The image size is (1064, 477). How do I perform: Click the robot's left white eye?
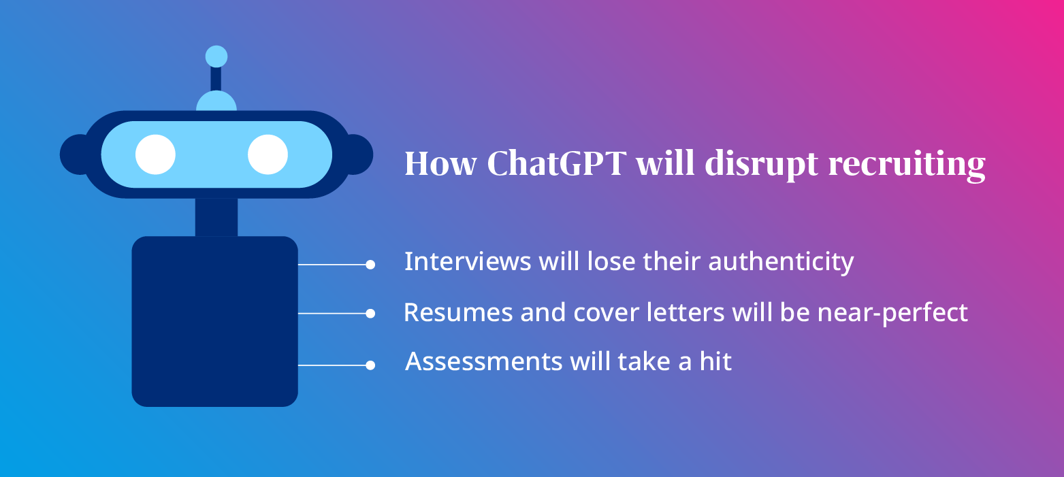click(x=155, y=154)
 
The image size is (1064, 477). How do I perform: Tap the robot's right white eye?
click(x=268, y=154)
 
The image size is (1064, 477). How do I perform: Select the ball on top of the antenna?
click(x=216, y=57)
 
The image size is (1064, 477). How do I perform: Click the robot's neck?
click(x=216, y=217)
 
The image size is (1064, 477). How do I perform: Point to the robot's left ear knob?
click(x=72, y=154)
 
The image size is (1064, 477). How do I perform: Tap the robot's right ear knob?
click(x=360, y=154)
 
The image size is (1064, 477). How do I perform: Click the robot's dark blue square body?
click(x=214, y=321)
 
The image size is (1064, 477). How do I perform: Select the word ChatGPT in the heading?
click(x=557, y=163)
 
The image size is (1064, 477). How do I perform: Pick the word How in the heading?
click(x=440, y=164)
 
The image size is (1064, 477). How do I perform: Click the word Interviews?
click(x=468, y=261)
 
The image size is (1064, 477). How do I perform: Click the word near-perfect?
click(x=892, y=313)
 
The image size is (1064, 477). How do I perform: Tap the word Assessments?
click(x=483, y=362)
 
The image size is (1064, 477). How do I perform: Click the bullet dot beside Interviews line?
click(x=370, y=265)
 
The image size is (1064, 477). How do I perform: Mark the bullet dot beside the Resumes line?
click(x=370, y=314)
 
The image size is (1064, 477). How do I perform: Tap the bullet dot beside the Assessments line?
click(x=370, y=365)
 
